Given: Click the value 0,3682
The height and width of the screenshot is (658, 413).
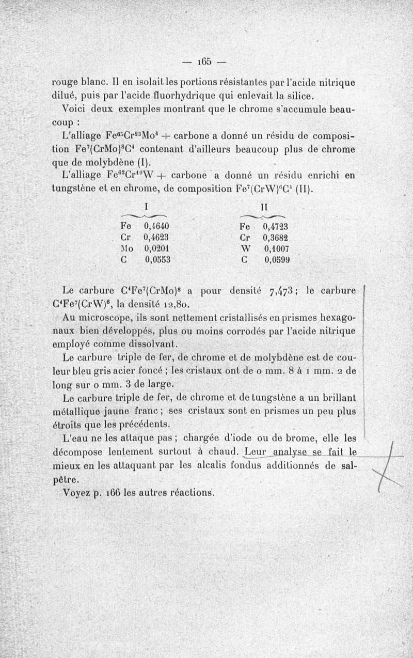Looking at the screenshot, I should click(x=275, y=238).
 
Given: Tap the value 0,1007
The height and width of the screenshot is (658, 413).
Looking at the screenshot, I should click(x=275, y=249).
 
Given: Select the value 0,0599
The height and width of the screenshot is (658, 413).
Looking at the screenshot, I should click(x=276, y=260).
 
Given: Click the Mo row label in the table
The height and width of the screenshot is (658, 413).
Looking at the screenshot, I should click(x=128, y=249).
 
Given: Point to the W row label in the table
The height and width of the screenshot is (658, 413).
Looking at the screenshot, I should click(x=245, y=249).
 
